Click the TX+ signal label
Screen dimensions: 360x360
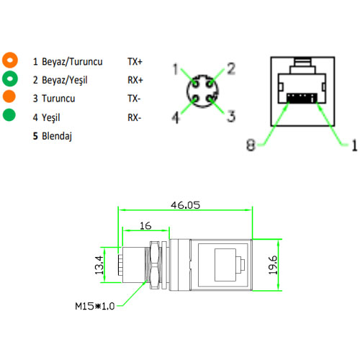pyautogui.click(x=135, y=61)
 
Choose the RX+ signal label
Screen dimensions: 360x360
pyautogui.click(x=135, y=80)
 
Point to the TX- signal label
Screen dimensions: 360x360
pyautogui.click(x=134, y=98)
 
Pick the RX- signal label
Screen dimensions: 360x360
pyautogui.click(x=134, y=117)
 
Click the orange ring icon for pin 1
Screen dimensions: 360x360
pyautogui.click(x=9, y=60)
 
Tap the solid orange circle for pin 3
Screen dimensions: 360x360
pyautogui.click(x=9, y=96)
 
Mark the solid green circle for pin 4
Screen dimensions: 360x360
pyautogui.click(x=9, y=115)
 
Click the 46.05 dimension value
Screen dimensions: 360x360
pyautogui.click(x=185, y=204)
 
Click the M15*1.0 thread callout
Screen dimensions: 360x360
pyautogui.click(x=95, y=306)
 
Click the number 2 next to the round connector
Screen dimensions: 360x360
pyautogui.click(x=231, y=68)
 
